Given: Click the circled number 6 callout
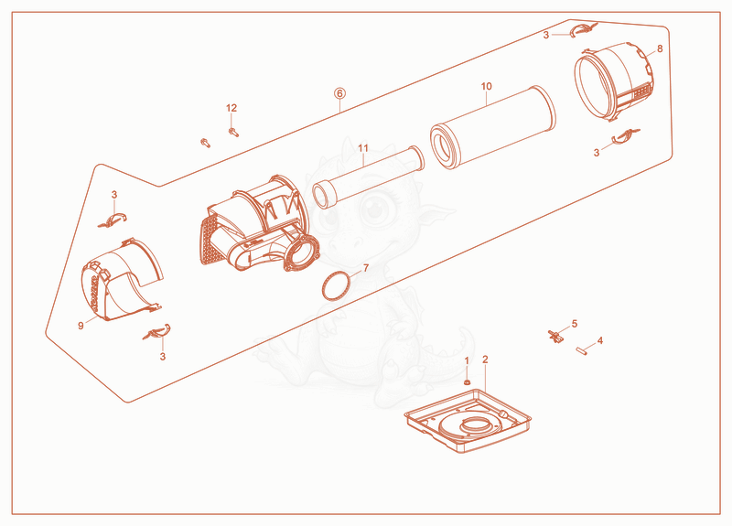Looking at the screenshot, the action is [x=339, y=93].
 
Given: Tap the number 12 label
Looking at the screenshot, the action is [x=231, y=108].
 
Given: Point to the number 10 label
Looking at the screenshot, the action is [x=487, y=86].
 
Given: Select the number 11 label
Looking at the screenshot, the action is [x=363, y=148].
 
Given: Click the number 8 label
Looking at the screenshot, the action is [x=660, y=48].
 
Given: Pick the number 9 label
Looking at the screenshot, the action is [x=81, y=326].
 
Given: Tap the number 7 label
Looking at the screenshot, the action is [x=366, y=268].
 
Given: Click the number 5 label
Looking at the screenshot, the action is [x=575, y=324].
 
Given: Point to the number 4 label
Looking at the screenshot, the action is [x=600, y=340].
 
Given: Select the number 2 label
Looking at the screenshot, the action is [x=486, y=360].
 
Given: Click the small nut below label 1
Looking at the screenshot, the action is [x=467, y=382].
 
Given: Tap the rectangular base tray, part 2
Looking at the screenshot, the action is [x=468, y=421].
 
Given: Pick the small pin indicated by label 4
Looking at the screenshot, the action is [x=581, y=350].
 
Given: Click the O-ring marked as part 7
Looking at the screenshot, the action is [x=336, y=286].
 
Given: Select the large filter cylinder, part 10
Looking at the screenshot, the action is [x=493, y=127].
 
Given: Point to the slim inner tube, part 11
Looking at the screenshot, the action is [x=369, y=177].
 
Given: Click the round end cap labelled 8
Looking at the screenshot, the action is [x=613, y=82].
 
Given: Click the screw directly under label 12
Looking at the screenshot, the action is [x=233, y=132].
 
